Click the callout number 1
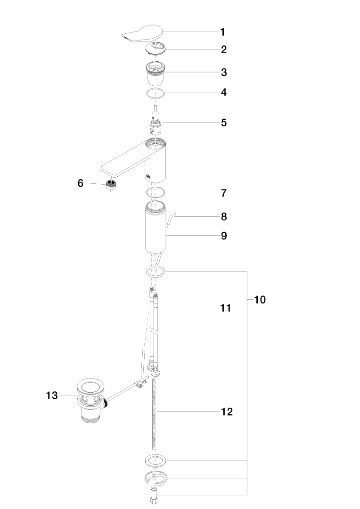point(222,32)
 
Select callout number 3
point(224,73)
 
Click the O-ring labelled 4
point(155,93)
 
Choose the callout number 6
point(80,183)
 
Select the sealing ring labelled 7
point(155,192)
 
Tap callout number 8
point(224,216)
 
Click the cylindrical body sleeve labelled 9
point(155,227)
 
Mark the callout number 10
point(260,300)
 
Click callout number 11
point(226,308)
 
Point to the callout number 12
point(227,411)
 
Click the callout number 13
point(52,395)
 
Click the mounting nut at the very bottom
point(154,497)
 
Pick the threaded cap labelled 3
point(155,74)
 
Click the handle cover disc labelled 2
point(155,49)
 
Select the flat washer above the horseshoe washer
point(155,460)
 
